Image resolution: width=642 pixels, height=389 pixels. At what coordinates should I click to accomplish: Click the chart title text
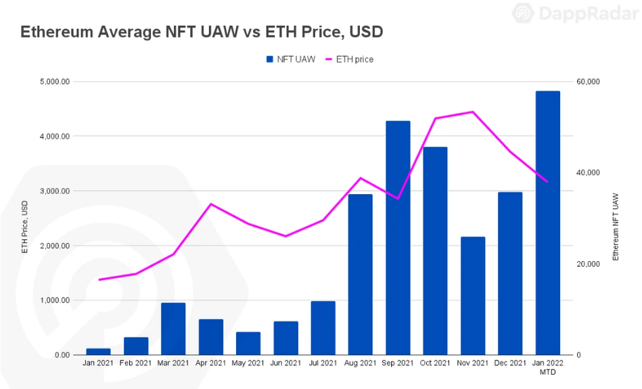(202, 31)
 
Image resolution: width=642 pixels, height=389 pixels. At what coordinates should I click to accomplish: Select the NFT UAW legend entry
(291, 59)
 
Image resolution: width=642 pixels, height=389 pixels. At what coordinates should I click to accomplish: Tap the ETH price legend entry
(350, 59)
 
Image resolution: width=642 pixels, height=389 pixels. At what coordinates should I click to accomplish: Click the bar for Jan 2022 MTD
(547, 223)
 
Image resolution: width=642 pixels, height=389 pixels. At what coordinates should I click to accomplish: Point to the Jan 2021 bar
(98, 352)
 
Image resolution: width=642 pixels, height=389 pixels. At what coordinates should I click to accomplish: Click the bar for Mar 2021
(173, 329)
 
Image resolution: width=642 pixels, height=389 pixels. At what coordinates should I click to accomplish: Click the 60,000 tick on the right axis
(588, 82)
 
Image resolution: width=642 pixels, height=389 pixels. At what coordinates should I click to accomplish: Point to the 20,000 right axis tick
(588, 264)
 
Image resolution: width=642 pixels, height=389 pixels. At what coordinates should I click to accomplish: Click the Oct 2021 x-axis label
(435, 363)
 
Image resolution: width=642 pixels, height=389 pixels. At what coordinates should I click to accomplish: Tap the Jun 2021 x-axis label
(285, 363)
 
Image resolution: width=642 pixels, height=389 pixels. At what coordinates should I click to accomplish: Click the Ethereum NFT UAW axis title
(616, 226)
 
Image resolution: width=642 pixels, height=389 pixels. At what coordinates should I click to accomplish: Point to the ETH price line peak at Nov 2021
(473, 112)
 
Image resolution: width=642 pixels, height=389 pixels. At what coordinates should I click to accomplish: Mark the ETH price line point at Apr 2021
(211, 204)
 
